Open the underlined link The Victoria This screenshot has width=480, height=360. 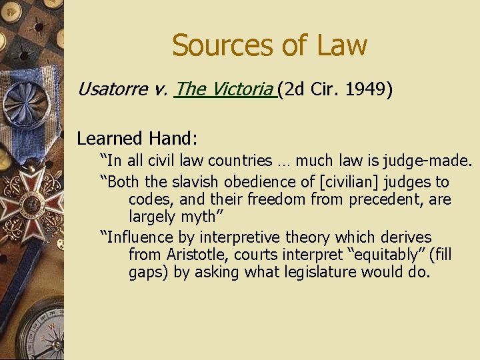224,89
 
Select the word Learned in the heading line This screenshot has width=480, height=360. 109,138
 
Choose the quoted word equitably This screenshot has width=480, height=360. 349,255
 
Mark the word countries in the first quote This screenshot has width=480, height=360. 239,161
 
